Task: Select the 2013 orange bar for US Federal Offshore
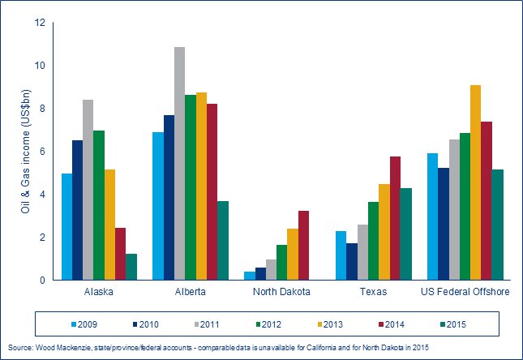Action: (475, 182)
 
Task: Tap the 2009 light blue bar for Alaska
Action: (67, 227)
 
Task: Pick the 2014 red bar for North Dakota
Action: (281, 246)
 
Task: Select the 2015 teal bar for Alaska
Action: (131, 267)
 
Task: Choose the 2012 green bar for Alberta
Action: (190, 187)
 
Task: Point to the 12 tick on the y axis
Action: (40, 23)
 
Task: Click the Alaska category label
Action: (99, 292)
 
